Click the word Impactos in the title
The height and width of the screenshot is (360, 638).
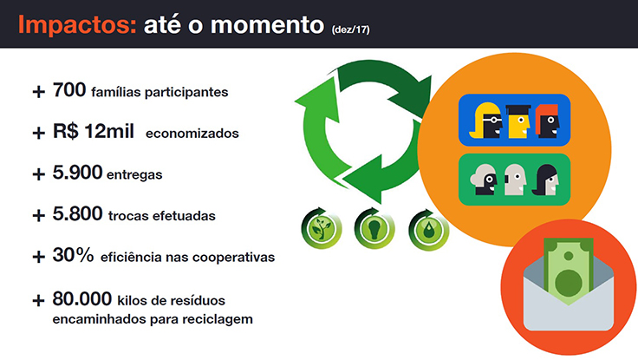[x=77, y=25]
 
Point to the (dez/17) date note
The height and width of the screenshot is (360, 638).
[x=351, y=29]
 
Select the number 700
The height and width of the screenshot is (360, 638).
[x=69, y=90]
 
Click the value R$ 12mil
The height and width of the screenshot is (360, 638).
[x=94, y=131]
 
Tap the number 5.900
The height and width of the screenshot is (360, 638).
[x=77, y=173]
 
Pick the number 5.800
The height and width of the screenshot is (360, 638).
[x=77, y=213]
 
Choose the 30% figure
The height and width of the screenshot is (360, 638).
[x=73, y=255]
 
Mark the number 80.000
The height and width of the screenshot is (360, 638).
[x=82, y=298]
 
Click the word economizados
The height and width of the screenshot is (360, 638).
[x=192, y=134]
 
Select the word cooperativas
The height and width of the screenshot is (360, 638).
[x=233, y=259]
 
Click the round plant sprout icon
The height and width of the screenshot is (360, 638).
[x=321, y=228]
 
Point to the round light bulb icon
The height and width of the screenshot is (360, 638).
[x=374, y=228]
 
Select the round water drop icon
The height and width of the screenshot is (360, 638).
[x=428, y=229]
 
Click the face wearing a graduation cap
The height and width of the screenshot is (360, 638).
[x=519, y=121]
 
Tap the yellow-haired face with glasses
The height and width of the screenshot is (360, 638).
[x=485, y=120]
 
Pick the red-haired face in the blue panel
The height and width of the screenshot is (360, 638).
[x=548, y=121]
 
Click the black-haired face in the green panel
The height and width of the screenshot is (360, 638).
[x=545, y=180]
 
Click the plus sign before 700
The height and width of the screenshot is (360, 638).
[x=39, y=92]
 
